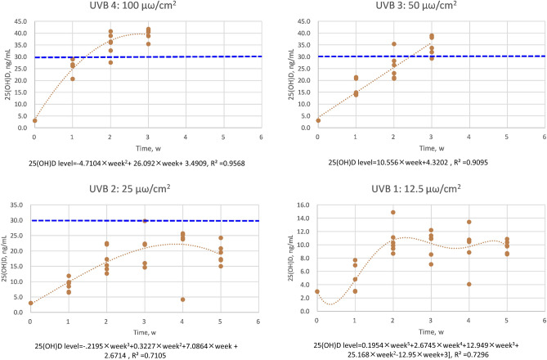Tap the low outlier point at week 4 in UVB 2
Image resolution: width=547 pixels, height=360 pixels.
tap(182, 299)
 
